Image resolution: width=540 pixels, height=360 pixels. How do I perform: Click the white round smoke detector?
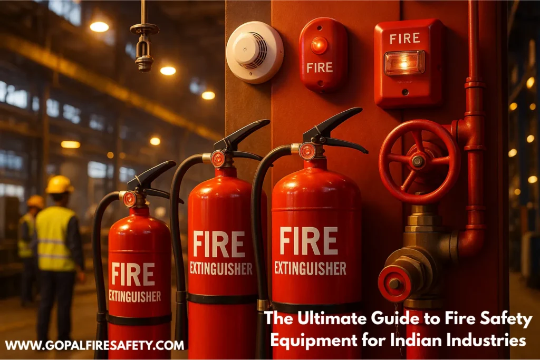255,52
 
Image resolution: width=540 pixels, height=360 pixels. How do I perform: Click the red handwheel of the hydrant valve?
419,161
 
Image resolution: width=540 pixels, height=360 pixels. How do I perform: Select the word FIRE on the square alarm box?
404,38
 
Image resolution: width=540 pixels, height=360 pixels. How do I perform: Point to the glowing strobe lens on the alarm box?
404,63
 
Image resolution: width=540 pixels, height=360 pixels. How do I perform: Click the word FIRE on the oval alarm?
320,68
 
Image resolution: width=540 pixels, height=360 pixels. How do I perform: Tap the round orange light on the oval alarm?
319,45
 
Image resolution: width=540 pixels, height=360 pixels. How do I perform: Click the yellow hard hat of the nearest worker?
59,185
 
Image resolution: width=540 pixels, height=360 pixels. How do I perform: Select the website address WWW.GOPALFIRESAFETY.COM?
94,345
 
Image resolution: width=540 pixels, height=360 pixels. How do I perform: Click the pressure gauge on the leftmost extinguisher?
130,199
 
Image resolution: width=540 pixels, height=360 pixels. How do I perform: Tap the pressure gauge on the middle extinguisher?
218,159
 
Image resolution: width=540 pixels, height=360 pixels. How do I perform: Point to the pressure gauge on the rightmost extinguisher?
307,151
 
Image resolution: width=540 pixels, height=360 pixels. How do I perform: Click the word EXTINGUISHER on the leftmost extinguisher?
134,296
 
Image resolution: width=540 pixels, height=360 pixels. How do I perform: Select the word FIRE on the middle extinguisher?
219,244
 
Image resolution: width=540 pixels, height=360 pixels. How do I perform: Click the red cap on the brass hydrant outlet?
394,284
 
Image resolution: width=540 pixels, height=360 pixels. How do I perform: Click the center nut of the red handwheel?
418,161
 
